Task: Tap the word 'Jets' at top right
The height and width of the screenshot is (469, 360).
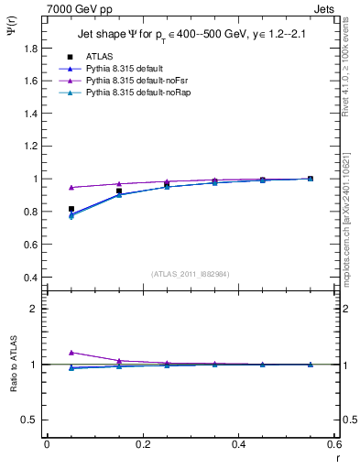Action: pos(325,7)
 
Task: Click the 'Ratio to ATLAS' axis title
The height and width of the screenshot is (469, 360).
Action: pos(13,364)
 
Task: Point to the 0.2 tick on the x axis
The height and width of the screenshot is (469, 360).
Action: pos(142,444)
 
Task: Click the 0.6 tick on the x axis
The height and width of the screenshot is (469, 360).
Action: pos(334,444)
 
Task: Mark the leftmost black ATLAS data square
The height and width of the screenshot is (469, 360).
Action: pos(71,209)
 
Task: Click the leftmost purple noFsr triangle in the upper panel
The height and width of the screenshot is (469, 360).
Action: pos(71,187)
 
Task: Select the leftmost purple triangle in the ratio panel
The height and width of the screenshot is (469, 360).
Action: pos(71,353)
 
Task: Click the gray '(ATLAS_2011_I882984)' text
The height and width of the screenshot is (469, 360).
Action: pos(191,273)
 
